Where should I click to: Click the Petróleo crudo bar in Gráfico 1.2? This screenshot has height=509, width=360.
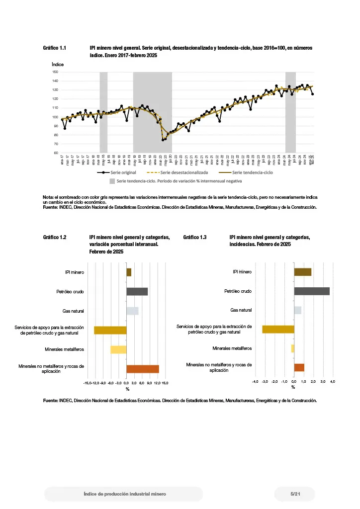pyautogui.click(x=137, y=292)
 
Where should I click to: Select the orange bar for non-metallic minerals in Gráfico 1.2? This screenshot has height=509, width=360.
pyautogui.click(x=143, y=369)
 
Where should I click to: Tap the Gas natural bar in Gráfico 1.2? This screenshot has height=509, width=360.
pyautogui.click(x=132, y=311)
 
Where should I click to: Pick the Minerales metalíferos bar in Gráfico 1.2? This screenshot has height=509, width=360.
pyautogui.click(x=118, y=349)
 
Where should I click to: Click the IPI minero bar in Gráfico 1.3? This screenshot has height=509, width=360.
pyautogui.click(x=303, y=272)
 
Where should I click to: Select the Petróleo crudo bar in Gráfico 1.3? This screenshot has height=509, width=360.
pyautogui.click(x=312, y=291)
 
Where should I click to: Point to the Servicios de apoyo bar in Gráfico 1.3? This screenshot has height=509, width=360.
pyautogui.click(x=278, y=329)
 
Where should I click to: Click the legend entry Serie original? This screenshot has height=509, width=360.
pyautogui.click(x=123, y=172)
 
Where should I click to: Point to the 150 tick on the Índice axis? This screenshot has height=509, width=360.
pyautogui.click(x=55, y=72)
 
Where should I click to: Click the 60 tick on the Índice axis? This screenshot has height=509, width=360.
pyautogui.click(x=55, y=153)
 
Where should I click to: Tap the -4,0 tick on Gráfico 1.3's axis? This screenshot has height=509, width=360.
pyautogui.click(x=255, y=381)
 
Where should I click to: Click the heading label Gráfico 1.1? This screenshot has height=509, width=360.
pyautogui.click(x=55, y=48)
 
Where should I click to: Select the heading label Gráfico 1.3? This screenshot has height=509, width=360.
pyautogui.click(x=195, y=238)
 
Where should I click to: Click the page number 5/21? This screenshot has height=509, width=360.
pyautogui.click(x=295, y=494)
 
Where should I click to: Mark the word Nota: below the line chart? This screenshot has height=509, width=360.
pyautogui.click(x=49, y=198)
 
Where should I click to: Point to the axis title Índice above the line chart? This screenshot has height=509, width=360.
pyautogui.click(x=58, y=65)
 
